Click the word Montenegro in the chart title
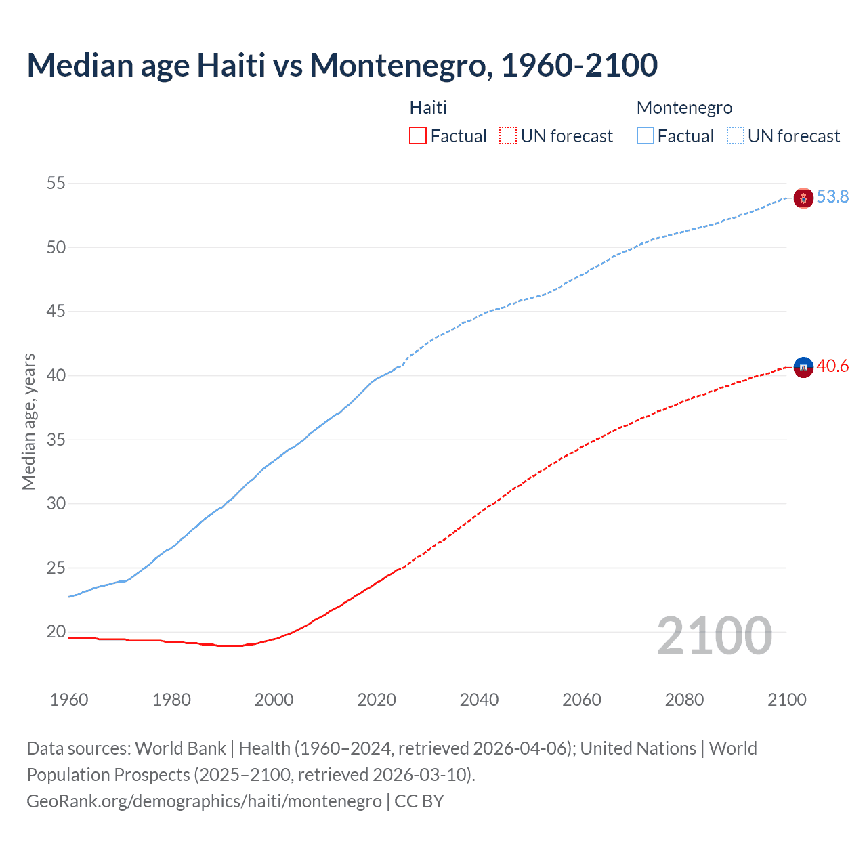pyautogui.click(x=401, y=66)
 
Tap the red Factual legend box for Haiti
pyautogui.click(x=418, y=136)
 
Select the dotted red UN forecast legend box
pyautogui.click(x=508, y=136)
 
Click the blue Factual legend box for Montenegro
pyautogui.click(x=646, y=136)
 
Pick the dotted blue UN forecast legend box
pyautogui.click(x=736, y=136)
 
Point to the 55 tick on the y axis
pyautogui.click(x=56, y=184)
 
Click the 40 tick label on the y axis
pyautogui.click(x=56, y=376)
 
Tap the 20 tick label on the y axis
pyautogui.click(x=56, y=632)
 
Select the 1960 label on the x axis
pyautogui.click(x=69, y=700)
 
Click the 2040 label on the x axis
pyautogui.click(x=479, y=700)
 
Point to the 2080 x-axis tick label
pyautogui.click(x=684, y=700)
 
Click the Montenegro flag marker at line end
pyautogui.click(x=803, y=198)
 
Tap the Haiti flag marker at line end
pyautogui.click(x=803, y=367)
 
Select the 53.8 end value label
pyautogui.click(x=832, y=196)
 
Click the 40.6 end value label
pyautogui.click(x=832, y=366)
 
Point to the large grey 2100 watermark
pyautogui.click(x=714, y=635)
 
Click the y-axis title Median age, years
pyautogui.click(x=28, y=421)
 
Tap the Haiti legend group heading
pyautogui.click(x=428, y=108)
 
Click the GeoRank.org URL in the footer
pyautogui.click(x=204, y=801)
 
